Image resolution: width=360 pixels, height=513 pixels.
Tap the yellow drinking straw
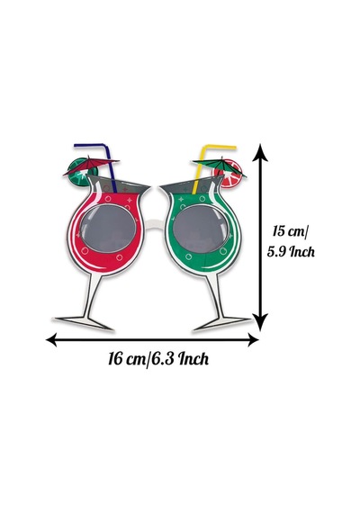(x=201, y=164)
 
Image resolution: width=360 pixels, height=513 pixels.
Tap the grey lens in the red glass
(x=108, y=229)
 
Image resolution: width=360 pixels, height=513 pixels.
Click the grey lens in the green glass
(x=201, y=229)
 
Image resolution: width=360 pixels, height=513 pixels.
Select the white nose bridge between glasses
(x=155, y=225)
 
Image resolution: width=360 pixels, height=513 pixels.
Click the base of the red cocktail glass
(x=84, y=322)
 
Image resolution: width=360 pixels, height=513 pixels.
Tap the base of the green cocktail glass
(x=222, y=322)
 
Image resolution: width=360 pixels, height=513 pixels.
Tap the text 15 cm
(x=290, y=231)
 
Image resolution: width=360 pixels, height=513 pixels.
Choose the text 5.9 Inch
(x=291, y=252)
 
